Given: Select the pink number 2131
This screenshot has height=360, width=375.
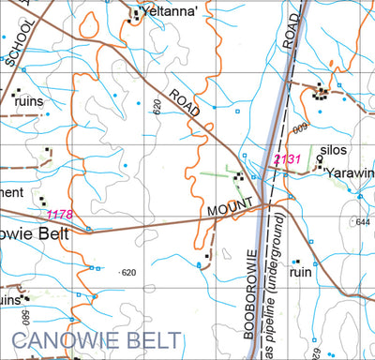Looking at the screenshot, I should pos(287,159).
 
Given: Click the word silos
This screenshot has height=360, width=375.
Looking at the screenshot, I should pos(333,150).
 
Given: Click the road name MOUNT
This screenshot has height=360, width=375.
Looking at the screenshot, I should pos(232,207).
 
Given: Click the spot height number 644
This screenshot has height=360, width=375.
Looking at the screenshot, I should pos(364,222).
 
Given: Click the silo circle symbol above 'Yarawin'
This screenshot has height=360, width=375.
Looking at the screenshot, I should pos(319,159).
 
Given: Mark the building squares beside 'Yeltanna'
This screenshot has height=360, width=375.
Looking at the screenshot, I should pos(133,13).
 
